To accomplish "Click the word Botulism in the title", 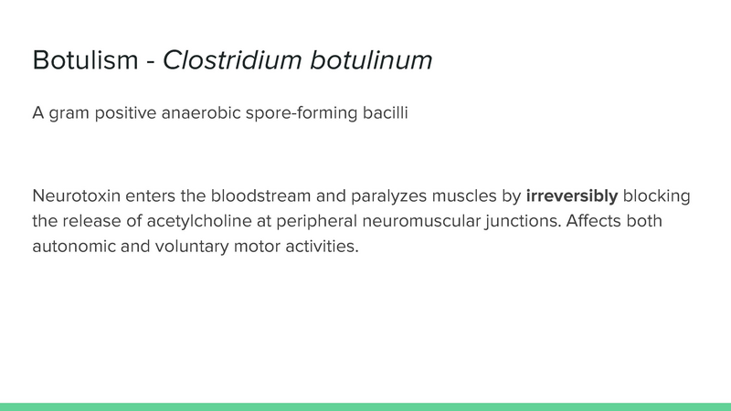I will tap(83, 60).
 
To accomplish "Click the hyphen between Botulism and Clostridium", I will tap(148, 62).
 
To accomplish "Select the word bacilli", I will tap(385, 114).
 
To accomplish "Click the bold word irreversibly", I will tap(572, 196).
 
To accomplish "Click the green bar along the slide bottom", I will tap(365, 406).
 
